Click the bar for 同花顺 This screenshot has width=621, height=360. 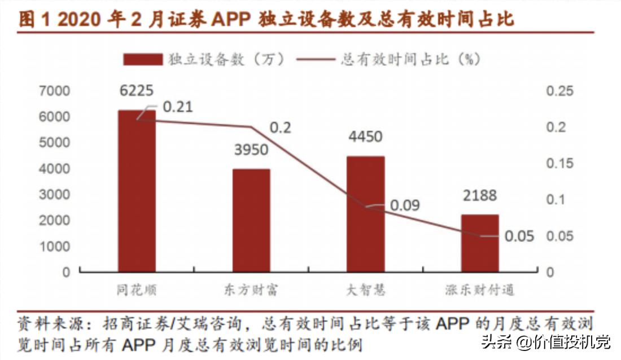[136, 191]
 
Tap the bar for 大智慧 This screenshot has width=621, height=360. [365, 214]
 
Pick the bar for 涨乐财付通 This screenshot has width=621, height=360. [480, 243]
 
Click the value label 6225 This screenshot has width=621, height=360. [136, 91]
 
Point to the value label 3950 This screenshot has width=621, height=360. [251, 150]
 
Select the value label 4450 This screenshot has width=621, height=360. [365, 137]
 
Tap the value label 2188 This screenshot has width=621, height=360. [480, 196]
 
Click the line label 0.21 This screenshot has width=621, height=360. [178, 107]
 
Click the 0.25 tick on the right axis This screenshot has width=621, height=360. [559, 91]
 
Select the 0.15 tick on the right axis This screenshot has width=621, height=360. [559, 164]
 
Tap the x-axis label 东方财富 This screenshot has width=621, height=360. [251, 291]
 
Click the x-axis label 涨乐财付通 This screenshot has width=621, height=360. [480, 291]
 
